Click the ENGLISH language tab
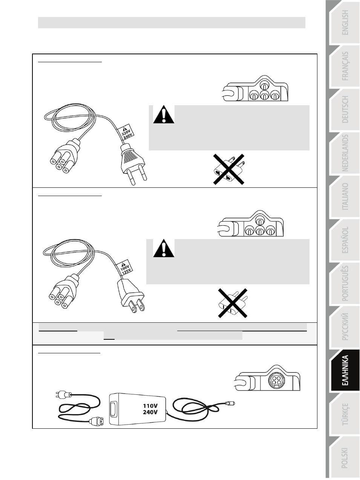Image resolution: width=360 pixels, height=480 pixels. pos(345,23)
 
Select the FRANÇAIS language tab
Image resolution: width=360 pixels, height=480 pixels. pos(345,66)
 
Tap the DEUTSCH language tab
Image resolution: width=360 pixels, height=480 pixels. pos(345,109)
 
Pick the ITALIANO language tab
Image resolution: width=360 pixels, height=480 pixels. pos(345,196)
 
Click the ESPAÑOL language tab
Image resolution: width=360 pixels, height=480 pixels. pos(345,240)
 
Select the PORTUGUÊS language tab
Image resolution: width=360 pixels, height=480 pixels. pos(345,283)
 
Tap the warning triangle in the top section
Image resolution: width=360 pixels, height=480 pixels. pos(164,114)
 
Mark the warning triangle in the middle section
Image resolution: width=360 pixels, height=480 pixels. pos(164,248)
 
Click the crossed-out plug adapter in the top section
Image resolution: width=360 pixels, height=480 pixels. pos(229,169)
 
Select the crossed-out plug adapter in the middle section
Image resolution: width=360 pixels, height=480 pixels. pos(233,303)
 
